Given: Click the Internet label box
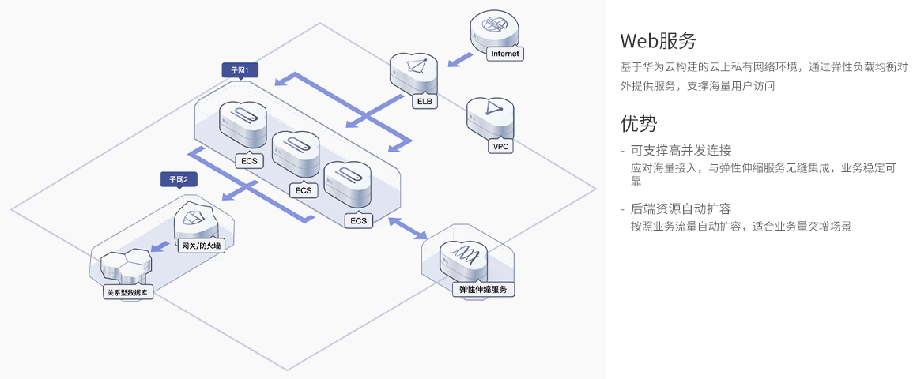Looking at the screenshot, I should (x=505, y=54).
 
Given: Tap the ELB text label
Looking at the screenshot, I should (x=425, y=101).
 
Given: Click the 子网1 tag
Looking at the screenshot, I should (x=240, y=70).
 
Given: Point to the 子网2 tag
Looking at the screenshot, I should (x=178, y=179).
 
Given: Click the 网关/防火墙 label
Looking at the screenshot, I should (x=202, y=246).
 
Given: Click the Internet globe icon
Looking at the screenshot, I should (x=494, y=26).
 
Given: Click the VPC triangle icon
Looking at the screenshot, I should (x=492, y=109).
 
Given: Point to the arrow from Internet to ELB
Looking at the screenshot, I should (x=457, y=60).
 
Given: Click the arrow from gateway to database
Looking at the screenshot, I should (x=162, y=247).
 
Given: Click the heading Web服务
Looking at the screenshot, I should (x=658, y=40).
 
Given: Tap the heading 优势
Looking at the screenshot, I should (x=639, y=123).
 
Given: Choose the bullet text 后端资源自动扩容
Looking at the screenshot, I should (x=681, y=208).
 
